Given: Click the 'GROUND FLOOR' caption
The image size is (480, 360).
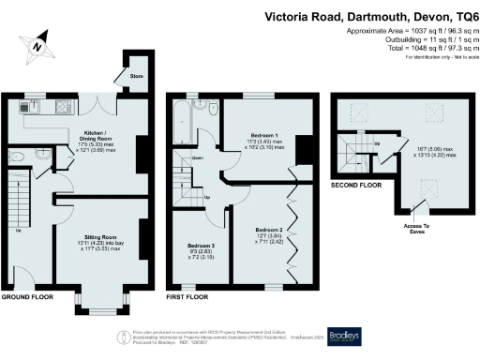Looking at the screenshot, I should tap(26, 296).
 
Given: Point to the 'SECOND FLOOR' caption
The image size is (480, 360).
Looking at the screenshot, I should tap(356, 187).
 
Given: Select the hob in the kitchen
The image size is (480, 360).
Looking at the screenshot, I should tap(63, 107).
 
